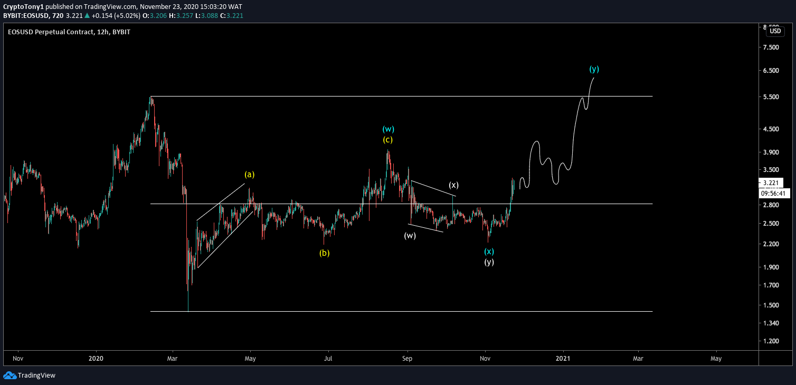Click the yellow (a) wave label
249,174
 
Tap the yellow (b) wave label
324,253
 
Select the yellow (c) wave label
388,140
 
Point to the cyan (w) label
388,129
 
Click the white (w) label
410,235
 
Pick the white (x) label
454,185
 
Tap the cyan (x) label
489,252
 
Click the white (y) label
489,262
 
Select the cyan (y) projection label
594,69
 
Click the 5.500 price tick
771,97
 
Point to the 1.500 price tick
771,305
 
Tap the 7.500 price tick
771,47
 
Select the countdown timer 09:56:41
774,193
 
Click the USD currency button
775,31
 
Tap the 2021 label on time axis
563,359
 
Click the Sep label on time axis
407,359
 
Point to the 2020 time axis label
97,359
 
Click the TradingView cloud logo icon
10,376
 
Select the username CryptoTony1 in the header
24,7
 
